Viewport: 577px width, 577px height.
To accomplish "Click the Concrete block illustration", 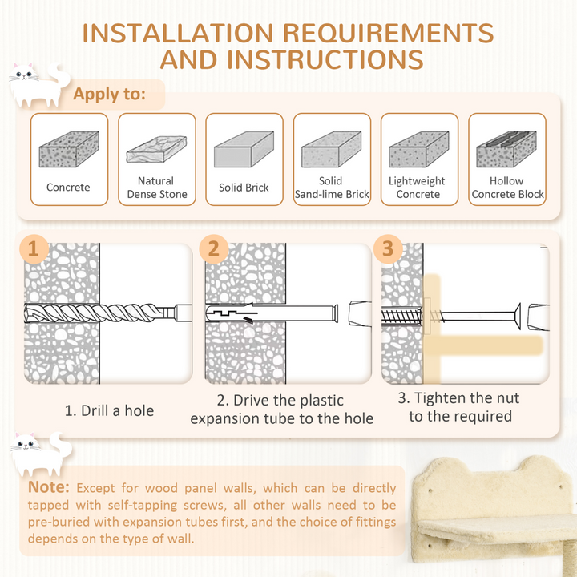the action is point(69,149).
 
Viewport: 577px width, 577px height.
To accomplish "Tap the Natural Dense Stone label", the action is point(157,188).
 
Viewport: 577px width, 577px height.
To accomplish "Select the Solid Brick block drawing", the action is point(244,149).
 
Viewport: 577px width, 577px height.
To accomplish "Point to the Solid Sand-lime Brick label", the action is point(332,188).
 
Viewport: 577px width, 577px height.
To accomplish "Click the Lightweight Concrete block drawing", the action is point(419,149).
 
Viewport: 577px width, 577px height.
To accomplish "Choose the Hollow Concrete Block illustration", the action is point(506,149).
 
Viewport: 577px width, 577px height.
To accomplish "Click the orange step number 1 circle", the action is point(34,249).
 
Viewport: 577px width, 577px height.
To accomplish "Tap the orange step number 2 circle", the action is point(214,249).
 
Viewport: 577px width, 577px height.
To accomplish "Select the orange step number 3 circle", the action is point(388,249).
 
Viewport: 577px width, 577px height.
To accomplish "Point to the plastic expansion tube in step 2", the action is point(272,313).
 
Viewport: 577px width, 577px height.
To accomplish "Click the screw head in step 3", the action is point(518,316).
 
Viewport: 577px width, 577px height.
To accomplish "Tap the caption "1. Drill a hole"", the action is point(109,410).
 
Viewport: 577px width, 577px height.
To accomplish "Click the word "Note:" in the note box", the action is point(49,487).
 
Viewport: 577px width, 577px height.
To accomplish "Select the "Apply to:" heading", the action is point(109,94).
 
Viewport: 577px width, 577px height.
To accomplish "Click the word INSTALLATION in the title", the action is point(178,33).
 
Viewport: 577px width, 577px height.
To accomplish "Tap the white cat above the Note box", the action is point(41,454).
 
